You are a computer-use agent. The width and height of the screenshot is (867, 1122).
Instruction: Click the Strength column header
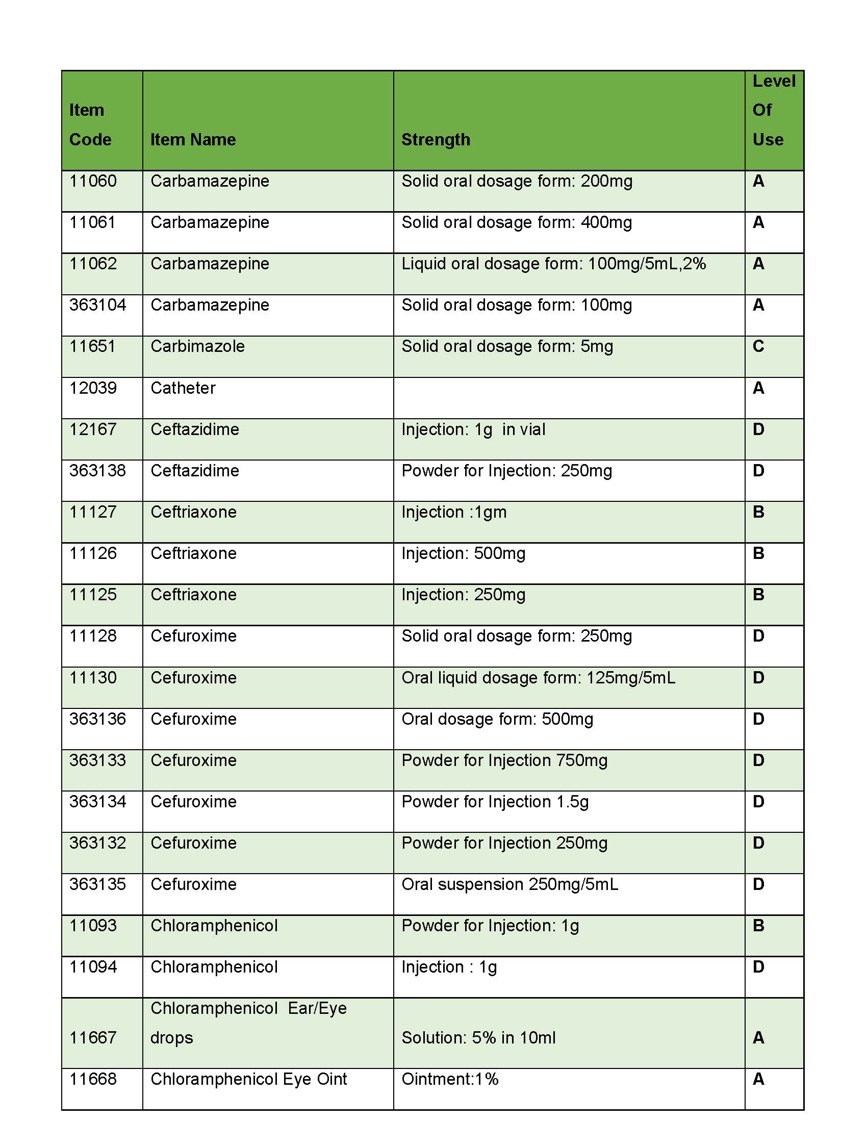click(436, 139)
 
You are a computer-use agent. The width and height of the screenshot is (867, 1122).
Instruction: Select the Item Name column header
click(193, 139)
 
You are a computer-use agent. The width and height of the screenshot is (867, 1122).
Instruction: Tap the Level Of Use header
click(774, 110)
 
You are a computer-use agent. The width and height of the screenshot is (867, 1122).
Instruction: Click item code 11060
click(93, 181)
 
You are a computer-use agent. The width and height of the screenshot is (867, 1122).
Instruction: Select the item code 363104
click(97, 304)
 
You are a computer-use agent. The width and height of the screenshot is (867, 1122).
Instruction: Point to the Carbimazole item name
click(198, 346)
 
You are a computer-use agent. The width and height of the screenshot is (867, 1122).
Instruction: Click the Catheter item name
click(183, 388)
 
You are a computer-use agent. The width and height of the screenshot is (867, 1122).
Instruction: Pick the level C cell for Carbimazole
click(758, 346)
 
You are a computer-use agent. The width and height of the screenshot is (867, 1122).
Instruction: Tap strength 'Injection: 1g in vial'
click(473, 429)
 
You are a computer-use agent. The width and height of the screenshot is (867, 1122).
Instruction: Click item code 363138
click(97, 471)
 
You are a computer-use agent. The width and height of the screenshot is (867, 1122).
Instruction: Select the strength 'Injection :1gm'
click(454, 512)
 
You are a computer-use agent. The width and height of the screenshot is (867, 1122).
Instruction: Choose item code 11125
click(93, 594)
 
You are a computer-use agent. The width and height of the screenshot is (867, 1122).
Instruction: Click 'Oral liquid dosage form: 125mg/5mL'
click(538, 678)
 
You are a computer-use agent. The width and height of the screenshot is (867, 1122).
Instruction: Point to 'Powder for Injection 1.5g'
click(495, 801)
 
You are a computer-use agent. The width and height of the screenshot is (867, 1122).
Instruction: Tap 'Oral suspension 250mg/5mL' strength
click(510, 884)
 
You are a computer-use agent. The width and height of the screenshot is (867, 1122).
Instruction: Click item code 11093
click(93, 925)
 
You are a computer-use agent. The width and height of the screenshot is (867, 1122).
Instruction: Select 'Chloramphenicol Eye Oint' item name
click(248, 1079)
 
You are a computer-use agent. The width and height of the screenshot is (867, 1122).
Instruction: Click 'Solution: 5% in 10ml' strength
click(478, 1038)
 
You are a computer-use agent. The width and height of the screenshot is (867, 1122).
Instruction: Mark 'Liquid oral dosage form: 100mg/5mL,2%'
click(554, 264)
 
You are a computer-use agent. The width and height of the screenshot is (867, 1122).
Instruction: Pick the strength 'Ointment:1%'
click(450, 1079)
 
